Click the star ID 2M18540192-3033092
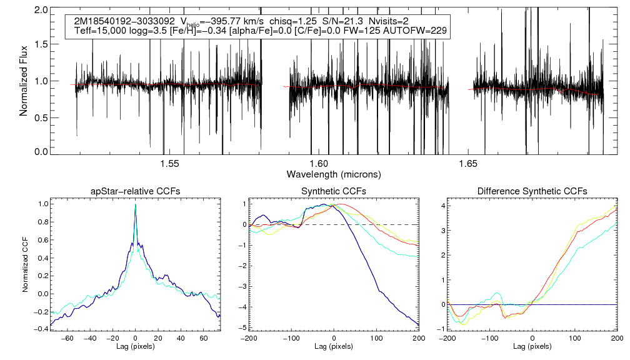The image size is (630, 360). point(122,21)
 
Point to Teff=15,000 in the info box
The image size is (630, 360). point(98,31)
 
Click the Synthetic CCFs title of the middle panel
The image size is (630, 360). point(334,191)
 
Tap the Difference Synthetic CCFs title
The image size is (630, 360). point(532,191)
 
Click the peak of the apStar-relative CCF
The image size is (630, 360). point(135,205)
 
